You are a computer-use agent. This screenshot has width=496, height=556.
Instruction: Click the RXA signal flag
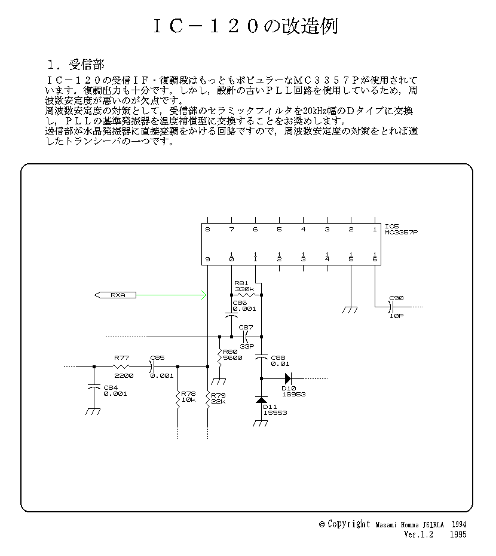[x=115, y=295]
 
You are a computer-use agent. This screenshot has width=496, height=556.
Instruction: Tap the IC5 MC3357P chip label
[x=401, y=230]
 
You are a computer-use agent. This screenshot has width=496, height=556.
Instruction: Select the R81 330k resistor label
[x=244, y=286]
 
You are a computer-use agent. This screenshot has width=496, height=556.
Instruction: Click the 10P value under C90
[x=396, y=316]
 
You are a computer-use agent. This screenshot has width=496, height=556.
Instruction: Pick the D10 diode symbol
[x=287, y=378]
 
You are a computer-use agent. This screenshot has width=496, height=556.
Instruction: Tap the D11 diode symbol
[x=261, y=399]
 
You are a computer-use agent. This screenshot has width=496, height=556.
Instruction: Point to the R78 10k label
[x=189, y=396]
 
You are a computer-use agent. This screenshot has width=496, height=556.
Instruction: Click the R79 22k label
[x=219, y=398]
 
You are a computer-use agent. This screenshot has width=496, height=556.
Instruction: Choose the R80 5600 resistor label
[x=231, y=355]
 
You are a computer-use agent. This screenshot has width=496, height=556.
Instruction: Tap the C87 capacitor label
[x=246, y=327]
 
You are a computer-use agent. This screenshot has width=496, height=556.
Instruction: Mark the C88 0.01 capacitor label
[x=279, y=361]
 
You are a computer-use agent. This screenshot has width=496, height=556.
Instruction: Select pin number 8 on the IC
[x=207, y=229]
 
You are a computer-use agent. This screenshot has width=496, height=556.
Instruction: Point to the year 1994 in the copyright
[x=457, y=524]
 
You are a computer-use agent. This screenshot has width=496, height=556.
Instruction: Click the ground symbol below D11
[x=261, y=423]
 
